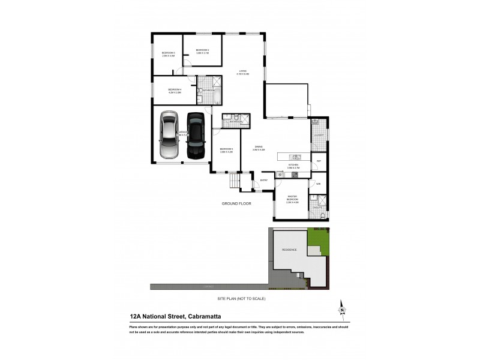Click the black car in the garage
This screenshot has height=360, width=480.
pyautogui.click(x=196, y=136)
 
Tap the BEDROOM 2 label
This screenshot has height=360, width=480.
pyautogui.click(x=202, y=51)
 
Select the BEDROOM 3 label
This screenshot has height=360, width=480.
pyautogui.click(x=168, y=54)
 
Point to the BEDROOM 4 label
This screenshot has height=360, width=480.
pyautogui.click(x=175, y=91)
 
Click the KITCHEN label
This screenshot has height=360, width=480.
pyautogui.click(x=293, y=165)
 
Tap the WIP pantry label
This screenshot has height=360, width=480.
pyautogui.click(x=319, y=162)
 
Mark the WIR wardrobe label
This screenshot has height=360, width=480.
pyautogui.click(x=319, y=183)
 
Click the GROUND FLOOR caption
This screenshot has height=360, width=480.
pyautogui.click(x=236, y=205)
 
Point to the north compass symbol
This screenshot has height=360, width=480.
pyautogui.click(x=342, y=308)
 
